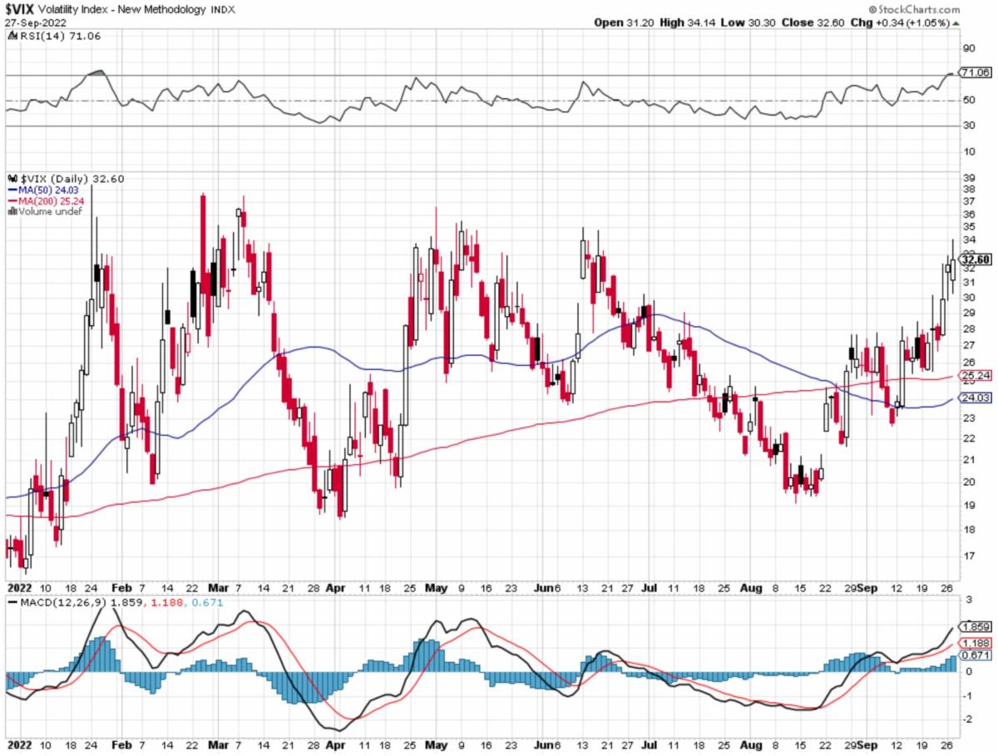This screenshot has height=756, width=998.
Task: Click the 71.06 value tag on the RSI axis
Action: coord(975,73)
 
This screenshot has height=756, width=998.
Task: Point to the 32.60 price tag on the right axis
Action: coord(975,259)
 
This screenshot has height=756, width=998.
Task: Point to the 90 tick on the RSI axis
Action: coord(969,48)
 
